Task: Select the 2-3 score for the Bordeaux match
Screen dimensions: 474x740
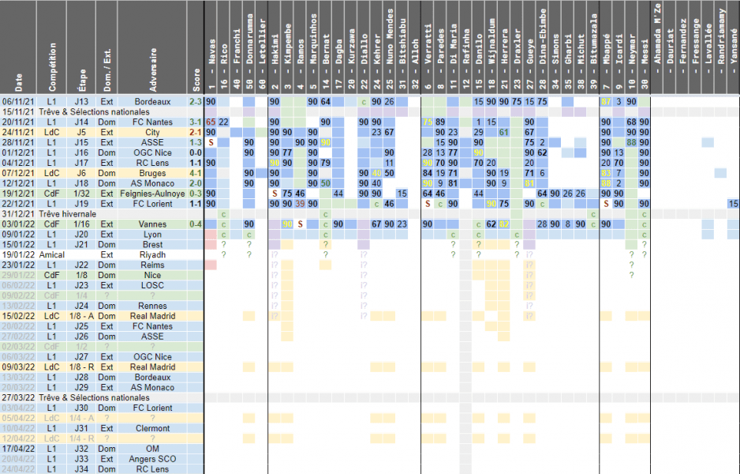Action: click(196, 102)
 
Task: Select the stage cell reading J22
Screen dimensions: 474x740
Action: click(81, 265)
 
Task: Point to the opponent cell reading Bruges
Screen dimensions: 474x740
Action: click(152, 173)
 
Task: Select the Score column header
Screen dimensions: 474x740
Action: click(196, 80)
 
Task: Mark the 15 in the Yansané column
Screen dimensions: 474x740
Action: click(733, 204)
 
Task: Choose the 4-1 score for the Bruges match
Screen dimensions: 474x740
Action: click(196, 173)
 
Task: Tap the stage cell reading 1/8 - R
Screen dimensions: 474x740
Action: click(81, 367)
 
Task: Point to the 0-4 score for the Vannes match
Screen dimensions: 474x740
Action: click(196, 224)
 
